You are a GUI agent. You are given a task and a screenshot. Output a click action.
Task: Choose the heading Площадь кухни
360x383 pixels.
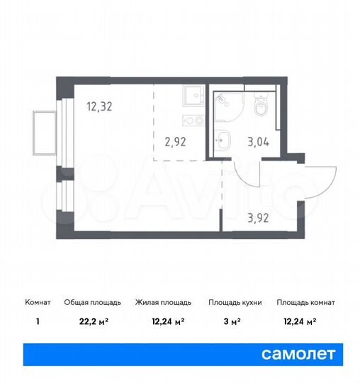coord(235,302)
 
